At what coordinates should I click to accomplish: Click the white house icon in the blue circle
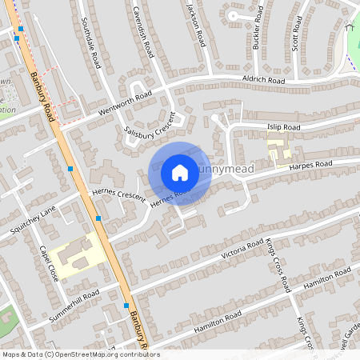pyautogui.click(x=180, y=172)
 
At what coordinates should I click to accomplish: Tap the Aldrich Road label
pyautogui.click(x=264, y=81)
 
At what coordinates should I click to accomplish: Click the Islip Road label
pyautogui.click(x=283, y=127)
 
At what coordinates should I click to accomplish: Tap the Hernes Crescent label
pyautogui.click(x=118, y=194)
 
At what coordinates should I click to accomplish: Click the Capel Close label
pyautogui.click(x=48, y=262)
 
